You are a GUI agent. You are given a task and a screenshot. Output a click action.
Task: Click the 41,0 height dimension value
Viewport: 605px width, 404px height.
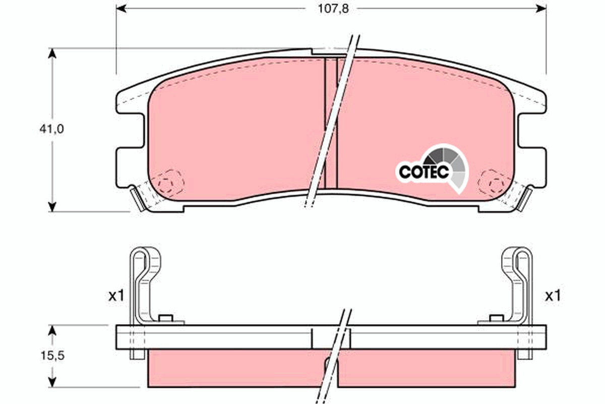[x=51, y=129]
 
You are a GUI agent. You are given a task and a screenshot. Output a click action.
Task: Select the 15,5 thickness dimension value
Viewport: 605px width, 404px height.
[x=51, y=356]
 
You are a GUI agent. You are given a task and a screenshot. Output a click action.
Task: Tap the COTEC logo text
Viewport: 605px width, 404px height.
[x=423, y=172]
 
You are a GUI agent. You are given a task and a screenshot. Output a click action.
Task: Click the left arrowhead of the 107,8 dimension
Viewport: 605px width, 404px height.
[x=121, y=8]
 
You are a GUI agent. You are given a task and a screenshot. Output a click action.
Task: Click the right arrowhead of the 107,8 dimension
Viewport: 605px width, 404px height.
[x=541, y=8]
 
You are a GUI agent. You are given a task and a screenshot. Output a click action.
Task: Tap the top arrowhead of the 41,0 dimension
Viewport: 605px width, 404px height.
[x=51, y=54]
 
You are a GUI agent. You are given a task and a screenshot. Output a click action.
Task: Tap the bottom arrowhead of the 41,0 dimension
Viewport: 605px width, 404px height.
[x=51, y=206]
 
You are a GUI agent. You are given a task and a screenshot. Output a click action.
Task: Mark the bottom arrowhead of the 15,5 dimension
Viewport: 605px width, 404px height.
[x=51, y=382]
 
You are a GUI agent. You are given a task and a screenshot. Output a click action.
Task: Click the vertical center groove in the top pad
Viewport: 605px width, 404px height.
[x=330, y=121]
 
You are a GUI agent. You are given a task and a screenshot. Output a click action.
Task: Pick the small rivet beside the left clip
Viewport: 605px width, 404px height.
[x=165, y=318]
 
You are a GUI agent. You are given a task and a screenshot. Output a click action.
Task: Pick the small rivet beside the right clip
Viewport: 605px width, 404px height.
[x=497, y=318]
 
